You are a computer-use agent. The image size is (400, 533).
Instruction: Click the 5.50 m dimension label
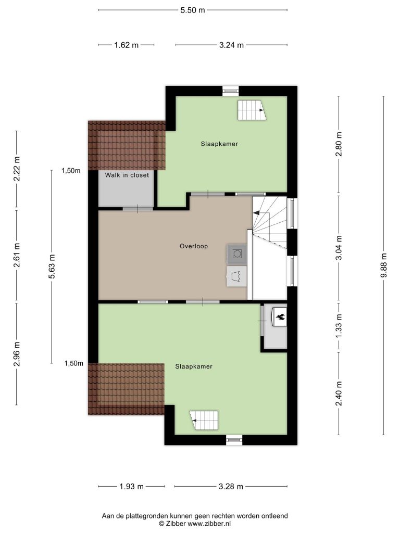pos(193,10)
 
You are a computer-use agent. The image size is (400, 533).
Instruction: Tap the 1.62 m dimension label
pos(127,45)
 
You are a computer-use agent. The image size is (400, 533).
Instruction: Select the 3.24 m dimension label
pos(231,45)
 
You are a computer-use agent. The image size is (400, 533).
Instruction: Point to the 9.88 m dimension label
pos(384,265)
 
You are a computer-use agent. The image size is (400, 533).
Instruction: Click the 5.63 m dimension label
pos(52,266)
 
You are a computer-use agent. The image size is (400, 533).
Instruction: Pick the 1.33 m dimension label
pos(339,326)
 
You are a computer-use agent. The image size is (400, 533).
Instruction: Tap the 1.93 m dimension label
pos(132,487)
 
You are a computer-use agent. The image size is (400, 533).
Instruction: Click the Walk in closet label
pos(127,175)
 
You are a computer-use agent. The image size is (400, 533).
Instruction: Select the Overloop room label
pos(194,246)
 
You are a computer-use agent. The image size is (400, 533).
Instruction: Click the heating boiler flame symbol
pos(281,317)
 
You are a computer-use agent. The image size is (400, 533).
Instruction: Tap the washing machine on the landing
pos(237,253)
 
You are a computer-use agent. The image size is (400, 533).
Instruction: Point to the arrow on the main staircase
pos(256,212)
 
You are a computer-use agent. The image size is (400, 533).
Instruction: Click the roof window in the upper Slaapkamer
pos(252,110)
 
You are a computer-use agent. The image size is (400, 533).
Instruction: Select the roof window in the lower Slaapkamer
pos(204,421)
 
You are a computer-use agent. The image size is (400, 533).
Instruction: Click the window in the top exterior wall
pos(231,91)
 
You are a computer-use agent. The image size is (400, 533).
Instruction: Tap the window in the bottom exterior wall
pos(234,440)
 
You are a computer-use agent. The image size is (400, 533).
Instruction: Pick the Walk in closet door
pos(137,208)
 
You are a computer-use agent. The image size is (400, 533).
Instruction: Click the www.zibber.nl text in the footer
pos(209,524)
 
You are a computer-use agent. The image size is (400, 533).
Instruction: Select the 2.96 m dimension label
pos(17,354)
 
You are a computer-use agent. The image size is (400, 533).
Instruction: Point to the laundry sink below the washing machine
pos(237,276)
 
